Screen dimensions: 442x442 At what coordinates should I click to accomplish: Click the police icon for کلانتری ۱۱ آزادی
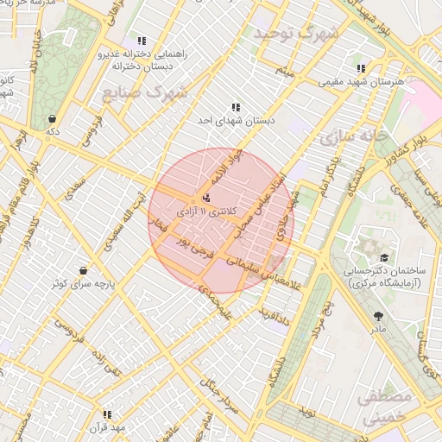(205, 198)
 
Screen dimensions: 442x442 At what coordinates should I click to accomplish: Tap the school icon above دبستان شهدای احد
(236, 108)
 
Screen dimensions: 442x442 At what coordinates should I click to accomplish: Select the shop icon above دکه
(53, 119)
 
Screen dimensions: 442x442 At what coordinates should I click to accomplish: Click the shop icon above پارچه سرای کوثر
(82, 270)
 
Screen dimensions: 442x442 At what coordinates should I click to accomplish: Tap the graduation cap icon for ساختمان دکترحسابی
(382, 257)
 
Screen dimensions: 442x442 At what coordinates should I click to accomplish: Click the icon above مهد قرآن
(107, 414)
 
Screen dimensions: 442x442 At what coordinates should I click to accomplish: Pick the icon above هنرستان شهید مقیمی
(361, 68)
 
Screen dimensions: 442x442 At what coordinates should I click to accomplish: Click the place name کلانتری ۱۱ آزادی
(205, 211)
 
